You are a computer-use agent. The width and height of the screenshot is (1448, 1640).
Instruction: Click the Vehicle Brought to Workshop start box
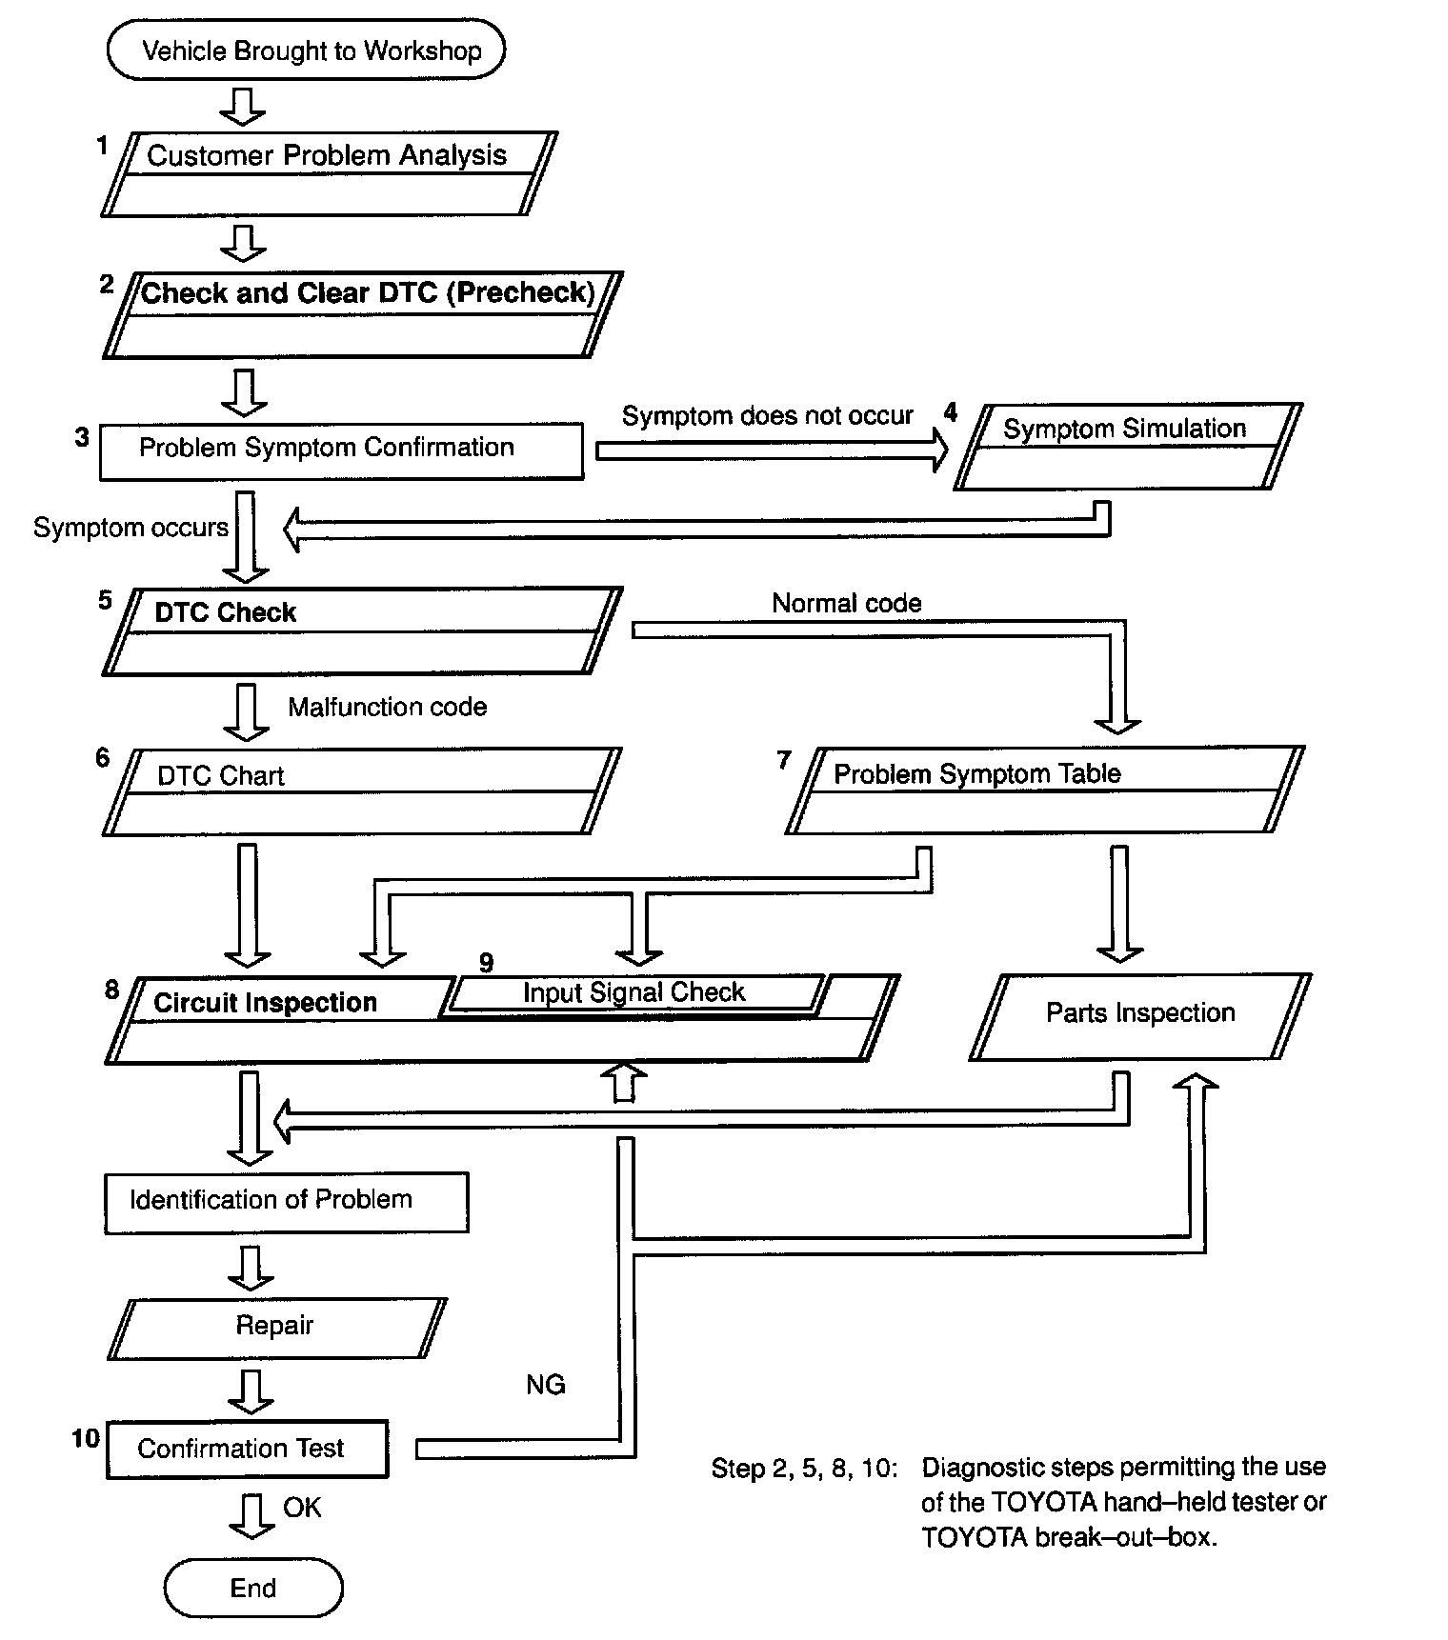pos(306,50)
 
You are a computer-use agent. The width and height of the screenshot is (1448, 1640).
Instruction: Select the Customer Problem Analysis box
pos(329,174)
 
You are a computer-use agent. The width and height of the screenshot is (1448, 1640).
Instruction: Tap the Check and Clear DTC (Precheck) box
pos(362,315)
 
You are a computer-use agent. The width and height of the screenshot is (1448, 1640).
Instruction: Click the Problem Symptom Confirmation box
pos(341,450)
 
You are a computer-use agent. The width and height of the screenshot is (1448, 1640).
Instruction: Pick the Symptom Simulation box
pos(1128,447)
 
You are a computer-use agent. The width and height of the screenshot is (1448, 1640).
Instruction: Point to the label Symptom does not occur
pos(767,416)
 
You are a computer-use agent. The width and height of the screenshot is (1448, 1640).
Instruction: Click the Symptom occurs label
pos(131,528)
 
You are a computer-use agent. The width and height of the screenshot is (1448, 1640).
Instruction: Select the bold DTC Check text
pos(225,612)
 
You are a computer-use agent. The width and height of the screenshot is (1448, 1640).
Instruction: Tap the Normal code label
pos(846,603)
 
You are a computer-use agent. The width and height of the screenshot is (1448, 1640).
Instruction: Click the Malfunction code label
pos(387,707)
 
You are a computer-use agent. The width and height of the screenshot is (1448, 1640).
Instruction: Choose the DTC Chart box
pos(362,791)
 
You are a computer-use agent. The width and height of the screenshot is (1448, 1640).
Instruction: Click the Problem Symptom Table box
pos(1045,790)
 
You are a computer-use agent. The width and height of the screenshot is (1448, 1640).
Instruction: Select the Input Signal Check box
pos(635,993)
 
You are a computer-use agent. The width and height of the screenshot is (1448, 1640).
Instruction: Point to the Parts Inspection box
pos(1140,1016)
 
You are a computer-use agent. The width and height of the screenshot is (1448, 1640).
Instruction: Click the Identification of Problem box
pos(286,1203)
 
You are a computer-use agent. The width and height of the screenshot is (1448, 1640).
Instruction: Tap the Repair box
pos(276,1329)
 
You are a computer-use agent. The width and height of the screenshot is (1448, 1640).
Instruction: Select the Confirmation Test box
pos(248,1450)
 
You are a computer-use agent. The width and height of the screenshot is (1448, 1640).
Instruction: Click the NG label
pos(546,1385)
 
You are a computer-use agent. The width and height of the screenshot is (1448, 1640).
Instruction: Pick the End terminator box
pos(253,1588)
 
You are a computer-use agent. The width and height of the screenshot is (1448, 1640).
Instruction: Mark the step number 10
pos(86,1438)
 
